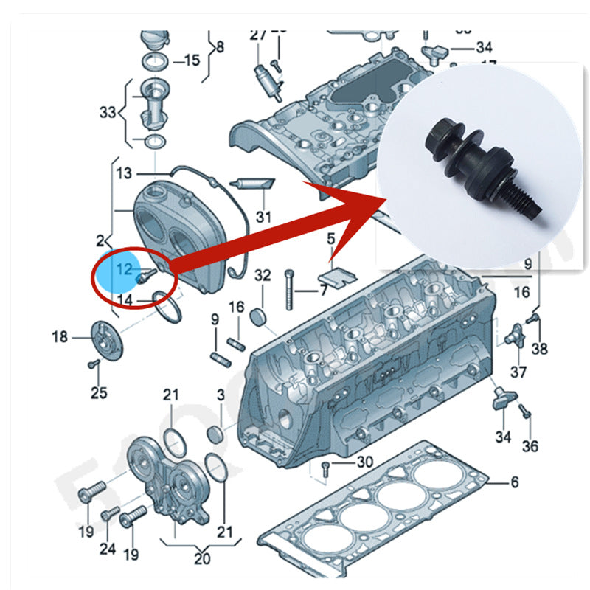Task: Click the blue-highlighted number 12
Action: click(x=123, y=270)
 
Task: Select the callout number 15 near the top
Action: click(x=192, y=60)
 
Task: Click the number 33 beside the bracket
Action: click(x=108, y=113)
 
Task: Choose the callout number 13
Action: click(x=125, y=173)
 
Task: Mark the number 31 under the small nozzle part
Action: click(x=263, y=217)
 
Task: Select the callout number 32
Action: click(x=263, y=276)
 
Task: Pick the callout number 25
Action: click(x=99, y=392)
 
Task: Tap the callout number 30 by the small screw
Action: click(x=364, y=462)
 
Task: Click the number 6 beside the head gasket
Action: click(x=514, y=482)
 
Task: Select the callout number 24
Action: click(x=108, y=548)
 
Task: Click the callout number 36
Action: click(x=530, y=445)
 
